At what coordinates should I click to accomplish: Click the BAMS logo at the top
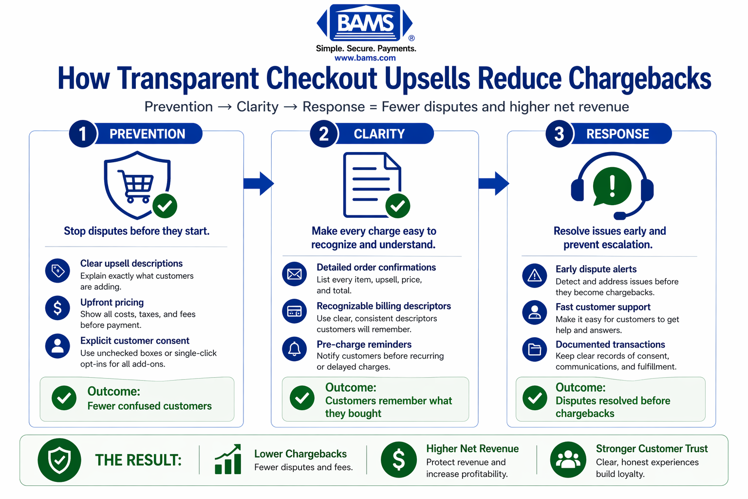pos(365,23)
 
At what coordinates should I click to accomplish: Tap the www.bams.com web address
pos(365,58)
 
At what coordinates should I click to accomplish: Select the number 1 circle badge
pos(83,134)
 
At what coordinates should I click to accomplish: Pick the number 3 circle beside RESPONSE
pos(559,134)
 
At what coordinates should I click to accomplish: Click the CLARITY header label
pos(379,134)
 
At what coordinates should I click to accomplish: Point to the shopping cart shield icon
pos(138,184)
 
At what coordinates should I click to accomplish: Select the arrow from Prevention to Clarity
pos(259,183)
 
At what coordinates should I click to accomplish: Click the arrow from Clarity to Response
pos(494,183)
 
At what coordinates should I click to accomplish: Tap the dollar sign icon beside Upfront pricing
pos(57,308)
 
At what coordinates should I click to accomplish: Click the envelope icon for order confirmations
pos(294,274)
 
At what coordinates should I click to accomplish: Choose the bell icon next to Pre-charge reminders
pos(294,349)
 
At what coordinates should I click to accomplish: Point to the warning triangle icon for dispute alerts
pos(535,276)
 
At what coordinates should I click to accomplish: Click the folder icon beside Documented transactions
pos(535,349)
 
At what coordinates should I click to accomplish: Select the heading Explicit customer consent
pos(134,341)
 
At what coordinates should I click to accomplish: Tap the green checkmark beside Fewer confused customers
pos(64,398)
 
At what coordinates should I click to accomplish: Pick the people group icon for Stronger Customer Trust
pos(568,460)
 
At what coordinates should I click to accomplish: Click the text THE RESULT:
pos(138,460)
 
